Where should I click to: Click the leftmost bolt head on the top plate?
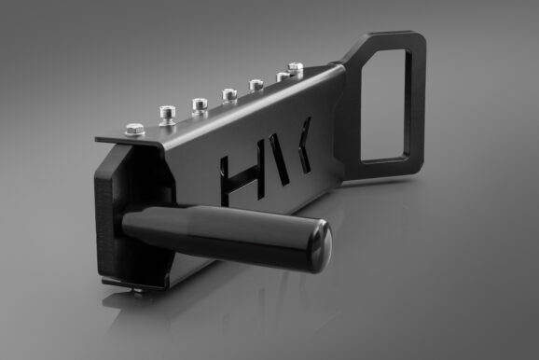(134, 128)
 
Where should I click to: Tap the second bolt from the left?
(167, 113)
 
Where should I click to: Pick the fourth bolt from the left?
(228, 93)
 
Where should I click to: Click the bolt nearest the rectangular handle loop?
(296, 68)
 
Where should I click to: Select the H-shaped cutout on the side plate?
(240, 173)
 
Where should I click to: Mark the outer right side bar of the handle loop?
(417, 98)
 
